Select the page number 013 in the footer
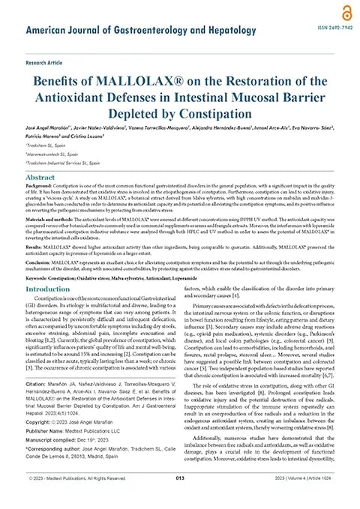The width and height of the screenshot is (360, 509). tap(180, 499)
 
